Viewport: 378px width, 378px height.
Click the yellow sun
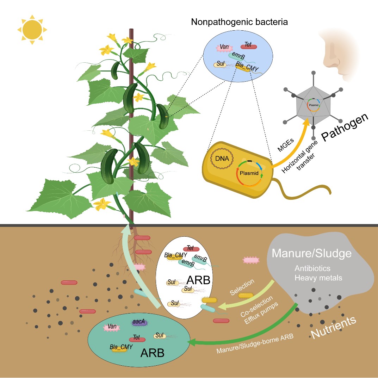point(32,30)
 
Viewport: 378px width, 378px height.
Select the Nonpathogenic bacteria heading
point(239,22)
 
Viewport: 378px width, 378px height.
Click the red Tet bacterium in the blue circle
point(248,46)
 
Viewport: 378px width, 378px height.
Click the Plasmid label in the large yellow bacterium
point(249,173)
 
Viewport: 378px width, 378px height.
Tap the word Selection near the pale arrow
point(242,288)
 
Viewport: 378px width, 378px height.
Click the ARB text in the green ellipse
point(152,353)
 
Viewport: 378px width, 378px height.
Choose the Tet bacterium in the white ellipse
point(190,249)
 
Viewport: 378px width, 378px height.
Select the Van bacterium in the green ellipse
point(112,327)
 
